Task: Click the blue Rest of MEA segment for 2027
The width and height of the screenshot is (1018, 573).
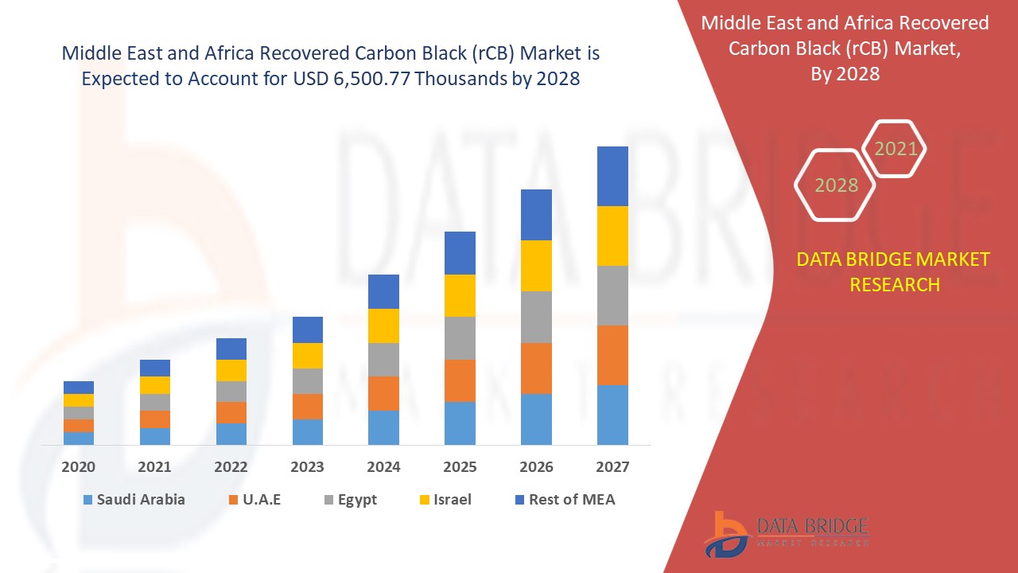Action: [612, 176]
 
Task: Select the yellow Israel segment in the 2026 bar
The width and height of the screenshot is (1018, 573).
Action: [536, 266]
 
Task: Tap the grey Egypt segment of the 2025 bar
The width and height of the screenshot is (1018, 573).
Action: [460, 338]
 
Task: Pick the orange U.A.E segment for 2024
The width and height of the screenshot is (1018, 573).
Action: [383, 393]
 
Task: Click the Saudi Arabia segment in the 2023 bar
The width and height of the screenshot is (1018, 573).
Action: [308, 431]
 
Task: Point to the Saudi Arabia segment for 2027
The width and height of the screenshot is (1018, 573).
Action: [612, 415]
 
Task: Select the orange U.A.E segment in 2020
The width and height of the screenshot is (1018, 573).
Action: [79, 426]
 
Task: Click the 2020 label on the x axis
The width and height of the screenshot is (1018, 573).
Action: [79, 467]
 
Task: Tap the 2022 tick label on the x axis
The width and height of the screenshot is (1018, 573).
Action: [231, 467]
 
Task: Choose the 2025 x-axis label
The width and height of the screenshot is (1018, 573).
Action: [460, 467]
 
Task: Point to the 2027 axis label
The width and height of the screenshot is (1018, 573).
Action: [612, 467]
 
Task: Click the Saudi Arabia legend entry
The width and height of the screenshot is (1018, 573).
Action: [133, 500]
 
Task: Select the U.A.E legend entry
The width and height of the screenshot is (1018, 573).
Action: [254, 500]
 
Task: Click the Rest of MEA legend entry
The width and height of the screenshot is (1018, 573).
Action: [564, 500]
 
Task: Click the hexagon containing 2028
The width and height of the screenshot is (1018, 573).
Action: [836, 185]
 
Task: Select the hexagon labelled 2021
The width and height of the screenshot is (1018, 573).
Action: [896, 149]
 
